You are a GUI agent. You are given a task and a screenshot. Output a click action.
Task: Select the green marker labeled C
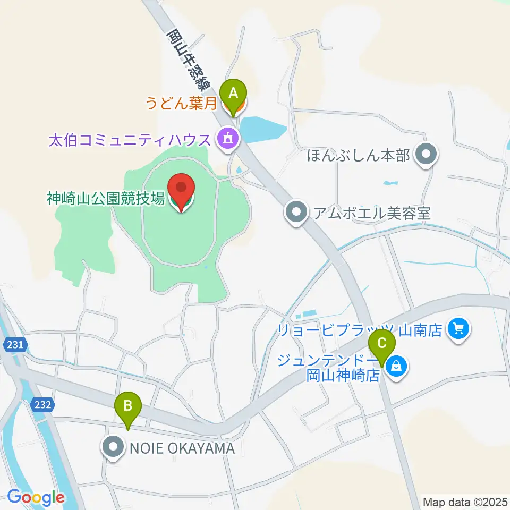[382, 346]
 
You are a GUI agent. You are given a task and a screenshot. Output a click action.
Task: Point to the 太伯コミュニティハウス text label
[130, 140]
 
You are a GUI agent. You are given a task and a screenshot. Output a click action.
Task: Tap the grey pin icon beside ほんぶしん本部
[426, 155]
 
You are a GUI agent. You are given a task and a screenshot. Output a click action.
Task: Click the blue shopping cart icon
[457, 330]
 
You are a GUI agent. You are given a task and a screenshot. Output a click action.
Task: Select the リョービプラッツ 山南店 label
[360, 330]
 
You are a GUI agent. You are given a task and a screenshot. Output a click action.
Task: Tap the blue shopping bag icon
[396, 365]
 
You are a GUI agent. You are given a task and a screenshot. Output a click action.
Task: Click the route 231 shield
[15, 345]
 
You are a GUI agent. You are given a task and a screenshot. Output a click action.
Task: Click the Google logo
[36, 498]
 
